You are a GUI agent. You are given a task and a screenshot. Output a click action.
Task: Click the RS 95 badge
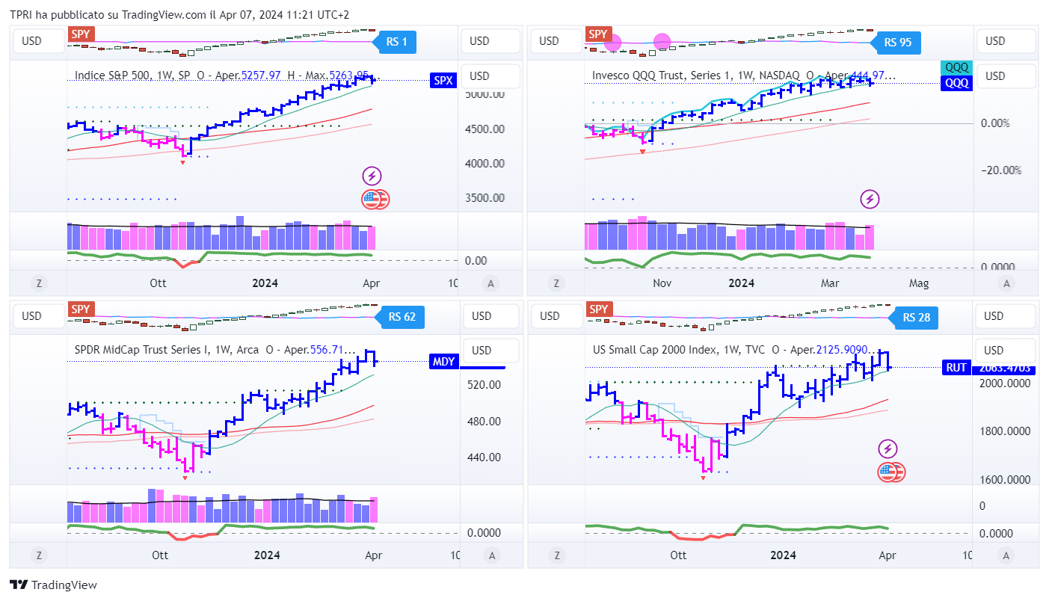897,43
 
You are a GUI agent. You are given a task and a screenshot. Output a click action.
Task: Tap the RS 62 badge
402,317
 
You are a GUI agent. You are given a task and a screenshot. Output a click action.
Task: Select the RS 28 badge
916,318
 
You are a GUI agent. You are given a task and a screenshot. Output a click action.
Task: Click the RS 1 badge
396,42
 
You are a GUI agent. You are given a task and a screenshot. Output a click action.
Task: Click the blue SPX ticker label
443,81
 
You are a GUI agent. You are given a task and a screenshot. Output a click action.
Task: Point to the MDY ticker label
443,363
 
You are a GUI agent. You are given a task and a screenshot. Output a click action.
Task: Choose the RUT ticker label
956,367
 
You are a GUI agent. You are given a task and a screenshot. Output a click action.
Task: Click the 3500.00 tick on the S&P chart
486,198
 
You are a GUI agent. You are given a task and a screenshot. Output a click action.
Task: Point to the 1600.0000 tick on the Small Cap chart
1005,480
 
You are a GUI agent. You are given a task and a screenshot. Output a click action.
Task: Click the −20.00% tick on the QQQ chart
1000,170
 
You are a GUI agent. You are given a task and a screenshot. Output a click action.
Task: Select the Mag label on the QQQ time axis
918,283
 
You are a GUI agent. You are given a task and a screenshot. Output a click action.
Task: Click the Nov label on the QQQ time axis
662,283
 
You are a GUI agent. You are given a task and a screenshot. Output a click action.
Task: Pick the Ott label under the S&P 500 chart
158,283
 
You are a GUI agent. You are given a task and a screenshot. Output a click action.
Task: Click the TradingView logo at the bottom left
53,585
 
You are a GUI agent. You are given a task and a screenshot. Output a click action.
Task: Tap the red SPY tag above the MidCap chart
80,309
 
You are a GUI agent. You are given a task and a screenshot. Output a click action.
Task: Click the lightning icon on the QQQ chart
870,199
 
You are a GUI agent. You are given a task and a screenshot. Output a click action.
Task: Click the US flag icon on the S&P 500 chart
372,199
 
